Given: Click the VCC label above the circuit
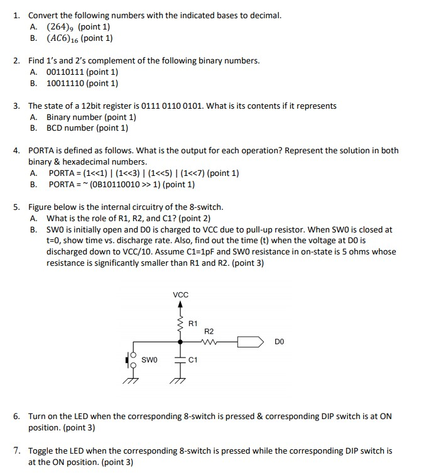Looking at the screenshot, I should click(180, 295).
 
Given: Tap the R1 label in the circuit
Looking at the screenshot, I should click(194, 324).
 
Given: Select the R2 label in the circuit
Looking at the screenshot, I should click(209, 331).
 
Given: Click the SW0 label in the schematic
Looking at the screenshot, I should click(150, 360).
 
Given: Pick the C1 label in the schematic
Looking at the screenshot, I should click(193, 360).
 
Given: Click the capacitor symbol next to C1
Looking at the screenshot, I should click(180, 360).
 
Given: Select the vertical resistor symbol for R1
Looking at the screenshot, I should click(180, 323).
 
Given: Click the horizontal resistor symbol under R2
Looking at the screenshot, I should click(209, 342).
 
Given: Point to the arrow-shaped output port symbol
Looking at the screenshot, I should click(251, 342).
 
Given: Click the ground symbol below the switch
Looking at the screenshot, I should click(130, 379).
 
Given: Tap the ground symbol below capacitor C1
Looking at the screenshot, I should click(180, 379).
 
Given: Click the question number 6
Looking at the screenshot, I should click(17, 417).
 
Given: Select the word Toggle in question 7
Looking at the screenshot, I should click(41, 450).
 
